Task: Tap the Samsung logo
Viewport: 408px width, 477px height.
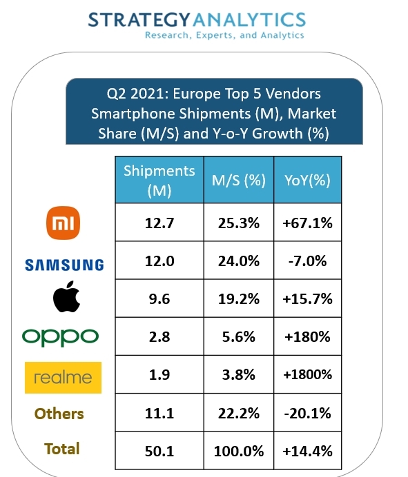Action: pyautogui.click(x=64, y=264)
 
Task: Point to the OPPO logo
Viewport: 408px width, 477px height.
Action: pyautogui.click(x=61, y=337)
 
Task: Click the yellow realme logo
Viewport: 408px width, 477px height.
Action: pyautogui.click(x=63, y=377)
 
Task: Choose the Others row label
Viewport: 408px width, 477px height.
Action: pyautogui.click(x=60, y=414)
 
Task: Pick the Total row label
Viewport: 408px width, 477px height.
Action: pyautogui.click(x=62, y=449)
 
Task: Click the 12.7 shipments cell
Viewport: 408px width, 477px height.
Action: pyautogui.click(x=159, y=223)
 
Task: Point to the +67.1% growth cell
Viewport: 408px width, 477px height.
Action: pyautogui.click(x=308, y=223)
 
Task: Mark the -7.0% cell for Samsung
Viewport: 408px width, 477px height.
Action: pyautogui.click(x=308, y=261)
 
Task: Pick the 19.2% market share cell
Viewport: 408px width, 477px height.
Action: pyautogui.click(x=239, y=299)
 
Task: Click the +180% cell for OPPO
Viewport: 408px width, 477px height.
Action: pyautogui.click(x=308, y=337)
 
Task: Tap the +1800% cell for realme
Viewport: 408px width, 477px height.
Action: pyautogui.click(x=308, y=375)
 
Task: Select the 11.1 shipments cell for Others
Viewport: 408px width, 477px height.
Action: pyautogui.click(x=159, y=413)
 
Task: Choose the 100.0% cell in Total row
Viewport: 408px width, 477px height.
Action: pyautogui.click(x=239, y=451)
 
